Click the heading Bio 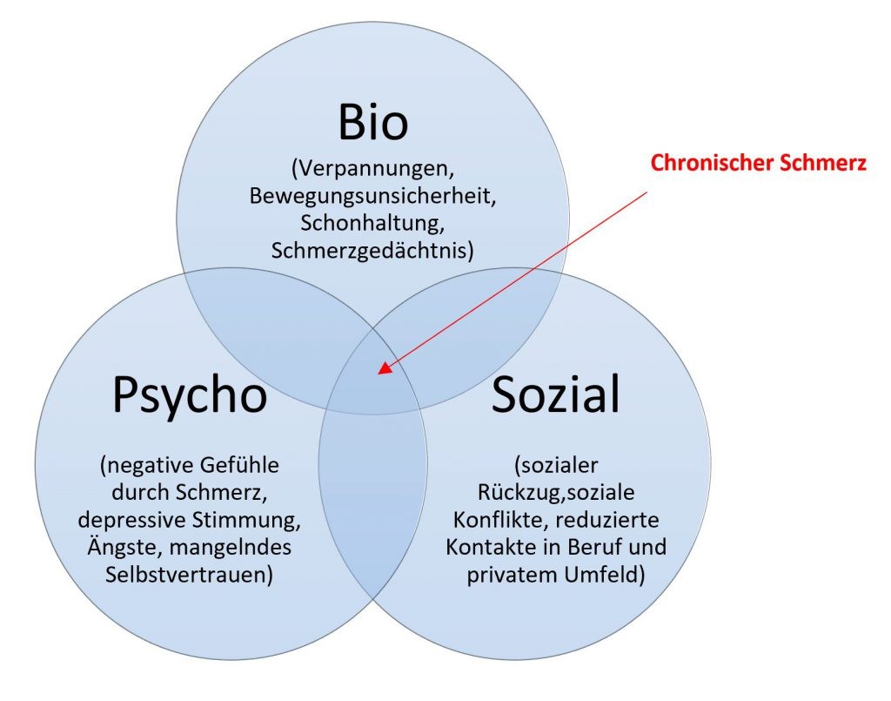click(372, 122)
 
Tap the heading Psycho click(190, 395)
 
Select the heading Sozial click(555, 394)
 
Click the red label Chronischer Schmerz click(758, 163)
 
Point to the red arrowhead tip click(379, 374)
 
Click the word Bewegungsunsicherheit click(372, 196)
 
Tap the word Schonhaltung click(372, 222)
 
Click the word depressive click(132, 520)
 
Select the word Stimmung click(246, 520)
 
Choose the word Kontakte click(492, 547)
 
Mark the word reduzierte click(607, 520)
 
